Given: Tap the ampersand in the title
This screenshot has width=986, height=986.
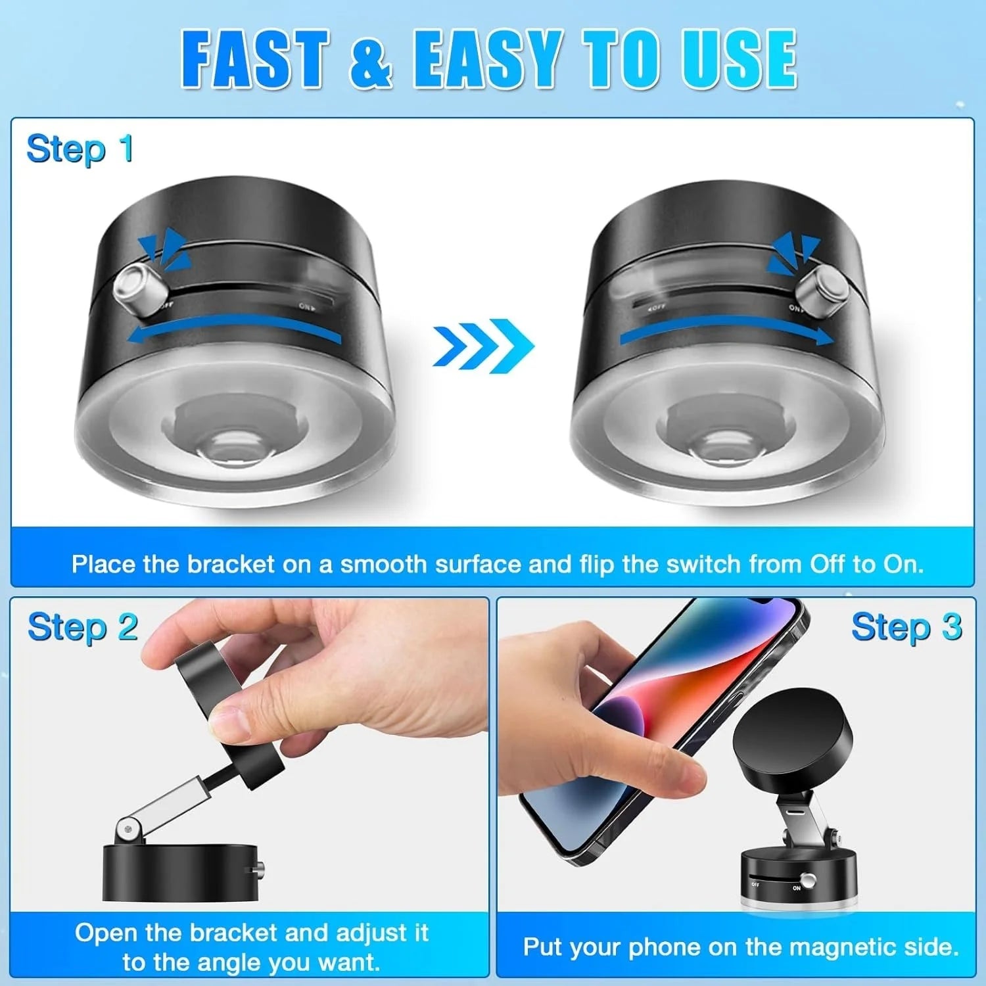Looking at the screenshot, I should tap(370, 60).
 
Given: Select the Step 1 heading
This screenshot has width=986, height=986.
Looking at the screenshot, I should tap(80, 149).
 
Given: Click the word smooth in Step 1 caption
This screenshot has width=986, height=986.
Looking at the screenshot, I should tap(383, 564).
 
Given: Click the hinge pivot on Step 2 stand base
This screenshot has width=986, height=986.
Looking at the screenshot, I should tap(128, 832).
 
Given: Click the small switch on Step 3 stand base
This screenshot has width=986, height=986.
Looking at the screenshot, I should tap(809, 881).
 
